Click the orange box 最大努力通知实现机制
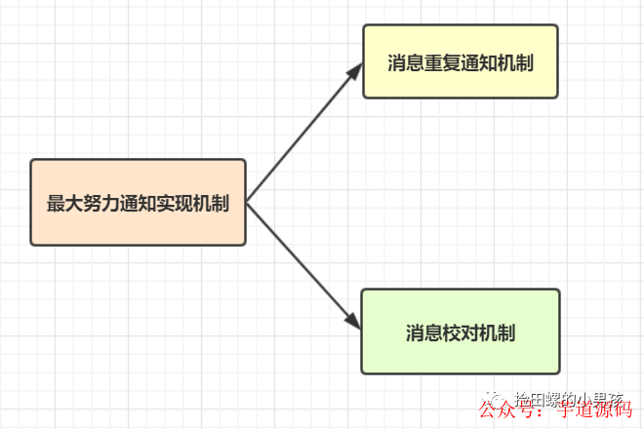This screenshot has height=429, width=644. click(x=138, y=202)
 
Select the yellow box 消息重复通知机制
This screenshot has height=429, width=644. click(x=460, y=61)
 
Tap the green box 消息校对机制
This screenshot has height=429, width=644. click(x=460, y=331)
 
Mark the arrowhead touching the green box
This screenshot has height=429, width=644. click(x=353, y=321)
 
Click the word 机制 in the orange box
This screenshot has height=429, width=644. click(x=212, y=204)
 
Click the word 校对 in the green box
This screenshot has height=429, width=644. click(x=460, y=332)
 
